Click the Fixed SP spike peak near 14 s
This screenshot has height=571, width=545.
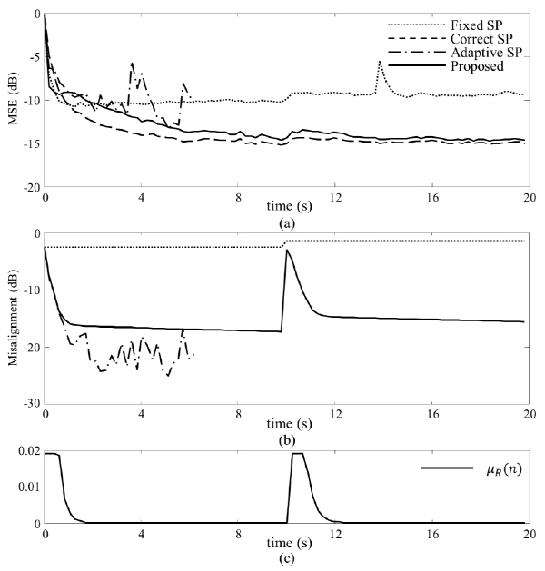click(x=380, y=62)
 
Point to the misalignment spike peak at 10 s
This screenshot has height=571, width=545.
click(x=287, y=250)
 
